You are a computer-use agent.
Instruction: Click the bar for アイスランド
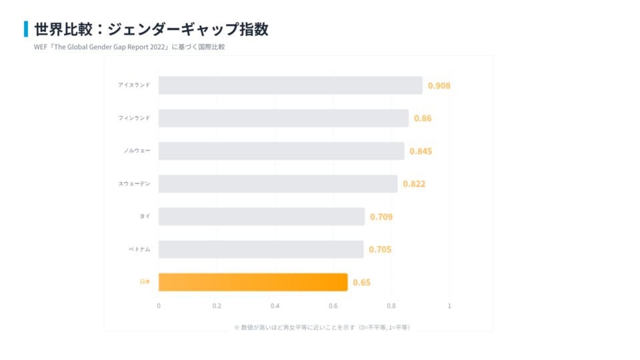click(291, 85)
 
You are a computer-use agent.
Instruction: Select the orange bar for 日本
click(253, 282)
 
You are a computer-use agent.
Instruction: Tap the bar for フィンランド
click(283, 118)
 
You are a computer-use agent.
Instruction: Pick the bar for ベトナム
click(261, 249)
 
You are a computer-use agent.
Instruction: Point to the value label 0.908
click(439, 86)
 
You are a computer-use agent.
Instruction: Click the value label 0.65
click(362, 283)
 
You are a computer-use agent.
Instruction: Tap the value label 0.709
click(381, 217)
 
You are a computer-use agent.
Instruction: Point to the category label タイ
click(145, 216)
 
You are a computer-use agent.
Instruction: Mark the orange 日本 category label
click(145, 282)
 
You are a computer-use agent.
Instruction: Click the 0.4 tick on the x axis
click(275, 306)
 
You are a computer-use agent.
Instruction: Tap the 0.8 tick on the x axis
click(391, 306)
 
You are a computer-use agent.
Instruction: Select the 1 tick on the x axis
click(449, 306)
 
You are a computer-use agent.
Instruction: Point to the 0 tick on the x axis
click(159, 306)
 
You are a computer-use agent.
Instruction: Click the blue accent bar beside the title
click(26, 29)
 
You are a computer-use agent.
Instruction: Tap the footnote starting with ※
click(322, 327)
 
